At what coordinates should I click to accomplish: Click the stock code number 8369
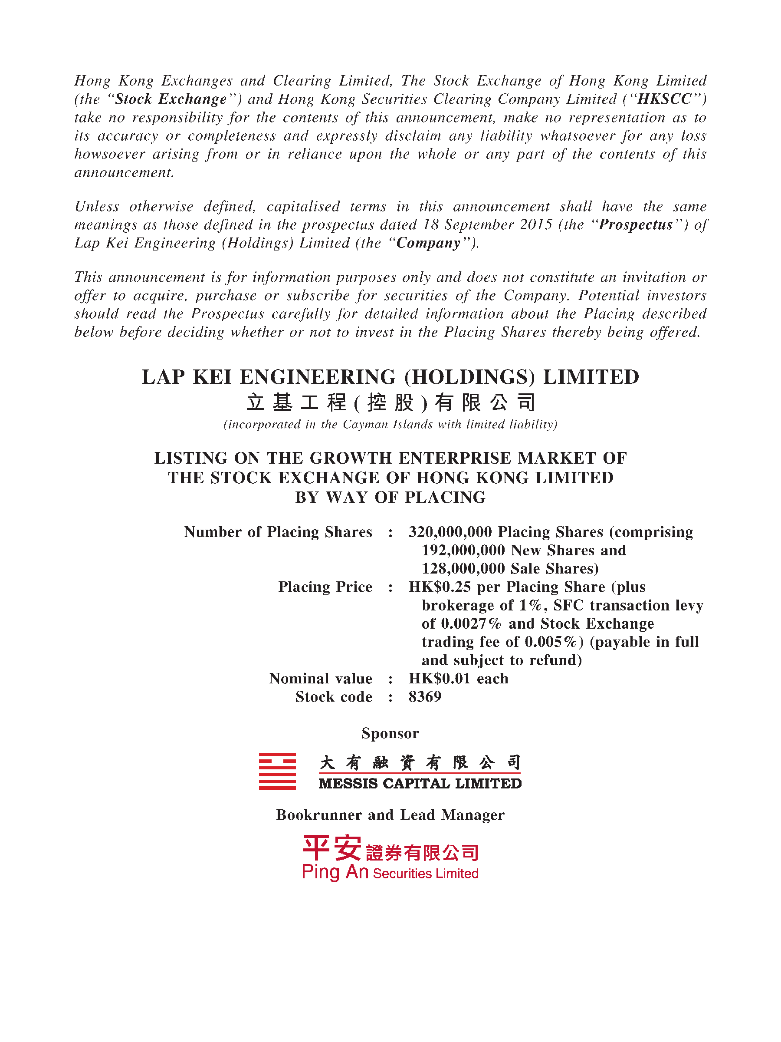425,697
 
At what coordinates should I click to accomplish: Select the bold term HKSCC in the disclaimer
664,99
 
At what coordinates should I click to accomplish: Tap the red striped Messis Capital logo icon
277,771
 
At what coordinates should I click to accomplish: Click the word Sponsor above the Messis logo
390,733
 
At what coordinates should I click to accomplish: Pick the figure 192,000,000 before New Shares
463,550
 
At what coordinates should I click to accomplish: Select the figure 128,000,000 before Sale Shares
463,569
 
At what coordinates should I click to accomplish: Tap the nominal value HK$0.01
440,679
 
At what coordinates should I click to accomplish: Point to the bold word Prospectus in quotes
636,225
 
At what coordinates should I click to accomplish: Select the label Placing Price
325,587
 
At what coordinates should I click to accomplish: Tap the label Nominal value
321,679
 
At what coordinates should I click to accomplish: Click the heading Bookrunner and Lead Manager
390,815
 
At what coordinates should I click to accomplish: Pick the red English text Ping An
335,872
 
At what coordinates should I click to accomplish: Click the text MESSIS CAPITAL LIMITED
420,783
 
